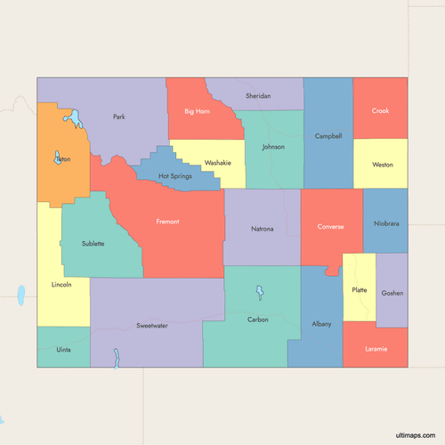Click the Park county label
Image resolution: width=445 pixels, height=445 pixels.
point(119,117)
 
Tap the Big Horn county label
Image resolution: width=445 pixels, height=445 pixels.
point(197,111)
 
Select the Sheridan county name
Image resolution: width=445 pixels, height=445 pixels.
point(257,95)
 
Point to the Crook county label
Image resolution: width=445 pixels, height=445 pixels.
point(380,111)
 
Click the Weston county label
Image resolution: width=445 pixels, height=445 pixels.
point(383,165)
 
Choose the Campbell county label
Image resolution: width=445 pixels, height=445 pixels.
point(328,136)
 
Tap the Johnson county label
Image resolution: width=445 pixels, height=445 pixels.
point(273,147)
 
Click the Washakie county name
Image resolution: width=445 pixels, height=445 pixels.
point(217,163)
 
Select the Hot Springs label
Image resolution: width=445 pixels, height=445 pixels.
point(175,176)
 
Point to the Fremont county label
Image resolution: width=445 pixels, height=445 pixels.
point(168,221)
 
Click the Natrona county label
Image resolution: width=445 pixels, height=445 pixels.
point(263,229)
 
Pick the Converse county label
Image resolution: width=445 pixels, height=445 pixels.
point(330,226)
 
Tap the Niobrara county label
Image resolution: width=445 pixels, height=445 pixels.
point(386,223)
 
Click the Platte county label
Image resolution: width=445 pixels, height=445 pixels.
point(360,289)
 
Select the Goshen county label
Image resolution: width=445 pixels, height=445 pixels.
point(392,293)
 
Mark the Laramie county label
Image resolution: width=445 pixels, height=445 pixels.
point(376,348)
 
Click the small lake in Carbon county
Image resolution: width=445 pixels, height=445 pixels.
point(260,292)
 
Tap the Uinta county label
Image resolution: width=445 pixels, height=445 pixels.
point(63,350)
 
